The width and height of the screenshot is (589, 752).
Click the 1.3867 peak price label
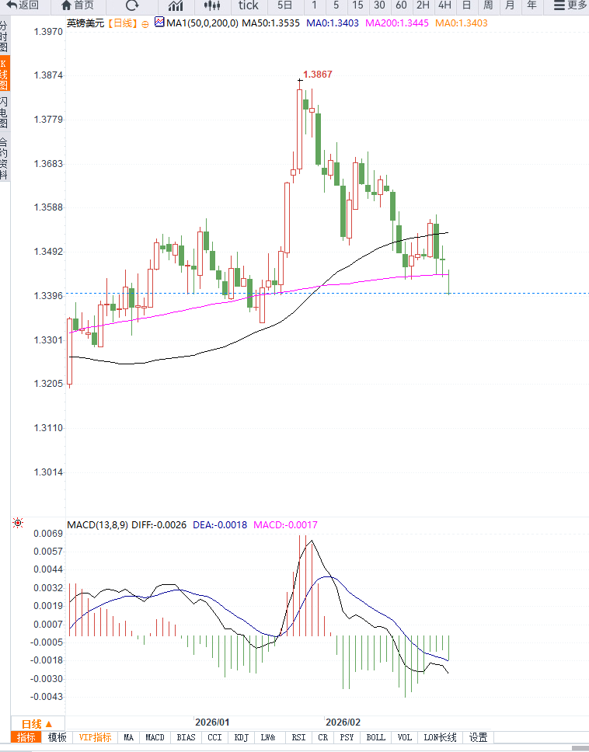317,75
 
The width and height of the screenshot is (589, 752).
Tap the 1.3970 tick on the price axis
47,33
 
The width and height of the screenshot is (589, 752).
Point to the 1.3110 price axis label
47,428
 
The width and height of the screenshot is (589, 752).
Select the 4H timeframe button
444,5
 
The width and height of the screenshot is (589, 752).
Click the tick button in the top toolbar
248,5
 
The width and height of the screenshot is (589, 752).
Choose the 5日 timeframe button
285,5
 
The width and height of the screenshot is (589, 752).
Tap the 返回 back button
23,5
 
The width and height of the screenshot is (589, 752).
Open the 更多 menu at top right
571,5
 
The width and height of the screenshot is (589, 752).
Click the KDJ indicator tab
242,737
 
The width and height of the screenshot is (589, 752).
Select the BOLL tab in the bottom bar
375,737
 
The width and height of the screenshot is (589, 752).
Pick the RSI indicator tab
298,737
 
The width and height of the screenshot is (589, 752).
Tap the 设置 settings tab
478,737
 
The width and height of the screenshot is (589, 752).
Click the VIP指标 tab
95,737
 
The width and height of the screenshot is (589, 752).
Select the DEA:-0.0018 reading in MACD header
220,525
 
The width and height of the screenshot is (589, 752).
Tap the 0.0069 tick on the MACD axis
47,534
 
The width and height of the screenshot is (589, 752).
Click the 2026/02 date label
343,722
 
